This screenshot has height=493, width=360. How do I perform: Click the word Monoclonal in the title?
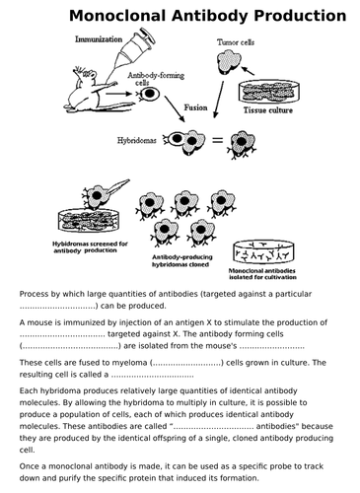pos(117,16)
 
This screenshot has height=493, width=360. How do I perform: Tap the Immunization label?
pos(99,39)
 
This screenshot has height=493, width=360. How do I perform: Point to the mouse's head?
pos(86,77)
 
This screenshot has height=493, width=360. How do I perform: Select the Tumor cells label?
pos(236,42)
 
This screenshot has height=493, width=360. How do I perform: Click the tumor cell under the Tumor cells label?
pos(229,61)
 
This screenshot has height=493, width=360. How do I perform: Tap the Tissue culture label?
pos(268,110)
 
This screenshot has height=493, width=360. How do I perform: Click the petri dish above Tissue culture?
pos(269,91)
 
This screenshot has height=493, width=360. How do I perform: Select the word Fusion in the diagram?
pos(195,107)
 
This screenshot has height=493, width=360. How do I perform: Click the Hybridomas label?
pos(137,140)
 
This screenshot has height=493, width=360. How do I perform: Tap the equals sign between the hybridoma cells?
pos(217,140)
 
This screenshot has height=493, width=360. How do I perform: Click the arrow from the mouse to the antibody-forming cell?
pos(118,94)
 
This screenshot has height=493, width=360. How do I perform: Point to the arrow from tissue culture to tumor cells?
pos(249,71)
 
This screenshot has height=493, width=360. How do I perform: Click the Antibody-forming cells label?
pos(156,79)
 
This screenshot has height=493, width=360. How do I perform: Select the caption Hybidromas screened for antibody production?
pos(90,247)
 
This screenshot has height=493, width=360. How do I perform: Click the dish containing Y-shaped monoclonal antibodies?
pos(263,252)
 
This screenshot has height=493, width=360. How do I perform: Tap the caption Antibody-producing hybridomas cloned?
pos(182,260)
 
